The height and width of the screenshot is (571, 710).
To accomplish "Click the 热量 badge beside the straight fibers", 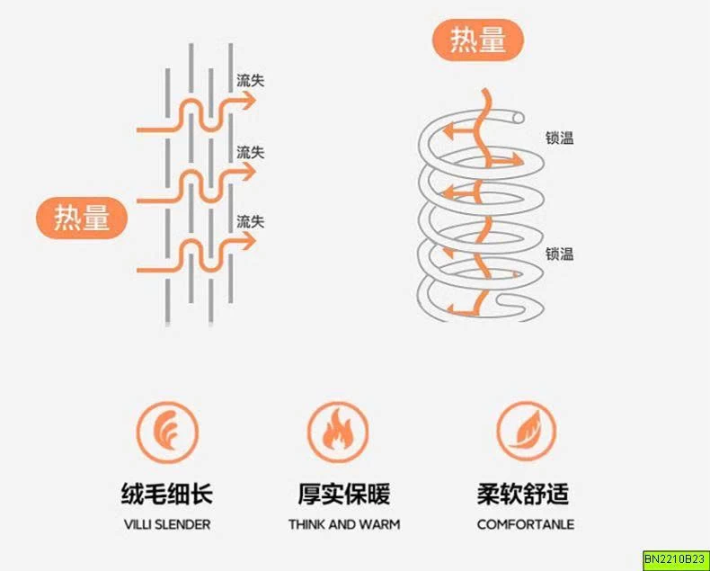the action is (82, 218).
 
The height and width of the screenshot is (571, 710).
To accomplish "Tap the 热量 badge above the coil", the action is (478, 40).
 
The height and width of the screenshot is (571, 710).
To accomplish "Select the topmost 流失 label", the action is (251, 81).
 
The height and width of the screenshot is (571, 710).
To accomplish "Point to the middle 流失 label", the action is (251, 152).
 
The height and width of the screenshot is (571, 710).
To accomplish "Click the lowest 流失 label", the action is (251, 221).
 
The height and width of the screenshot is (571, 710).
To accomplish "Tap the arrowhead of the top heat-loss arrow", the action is (249, 101).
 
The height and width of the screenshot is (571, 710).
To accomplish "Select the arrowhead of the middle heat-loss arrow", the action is (249, 171).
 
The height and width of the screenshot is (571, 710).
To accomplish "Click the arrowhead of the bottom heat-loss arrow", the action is (249, 241).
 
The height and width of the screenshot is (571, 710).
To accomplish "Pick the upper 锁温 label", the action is (560, 138).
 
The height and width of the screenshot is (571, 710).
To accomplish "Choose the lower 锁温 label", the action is (560, 254).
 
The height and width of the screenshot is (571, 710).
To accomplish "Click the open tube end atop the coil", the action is (519, 119).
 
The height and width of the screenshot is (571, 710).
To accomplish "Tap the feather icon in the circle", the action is (167, 433).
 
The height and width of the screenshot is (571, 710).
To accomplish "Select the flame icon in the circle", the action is (338, 432).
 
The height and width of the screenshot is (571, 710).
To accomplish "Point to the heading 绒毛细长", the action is (167, 494).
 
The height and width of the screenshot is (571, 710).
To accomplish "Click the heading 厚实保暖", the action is (344, 494).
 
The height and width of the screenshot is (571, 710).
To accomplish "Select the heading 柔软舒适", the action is (523, 494).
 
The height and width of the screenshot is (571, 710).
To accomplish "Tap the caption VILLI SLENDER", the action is (167, 525).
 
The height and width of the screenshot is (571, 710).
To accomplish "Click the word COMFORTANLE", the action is (526, 525).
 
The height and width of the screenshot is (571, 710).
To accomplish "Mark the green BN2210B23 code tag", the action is (675, 558).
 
